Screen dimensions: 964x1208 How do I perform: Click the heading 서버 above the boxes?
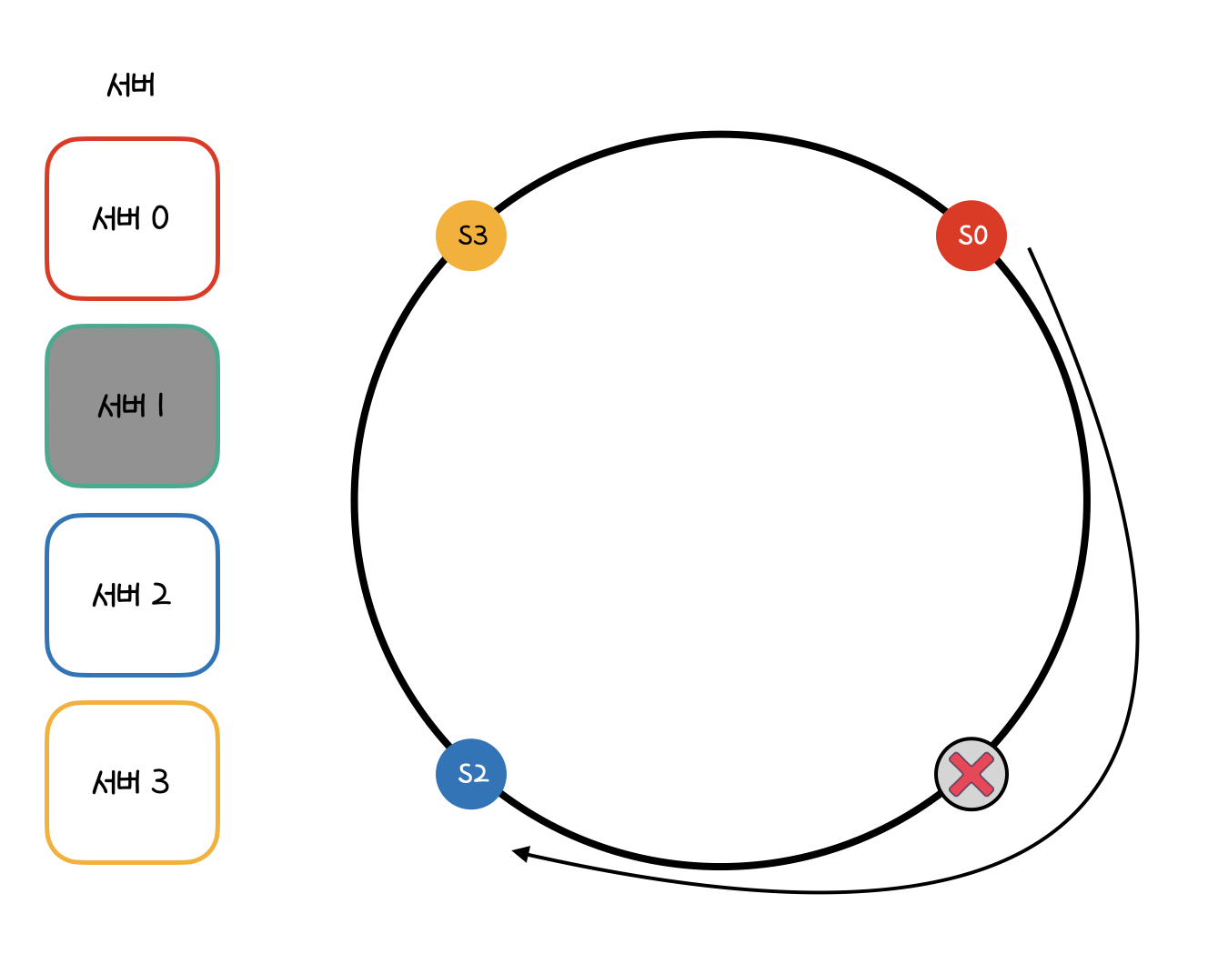[131, 85]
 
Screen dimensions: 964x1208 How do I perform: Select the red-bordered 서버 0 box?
[132, 218]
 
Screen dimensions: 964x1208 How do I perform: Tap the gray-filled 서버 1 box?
[132, 406]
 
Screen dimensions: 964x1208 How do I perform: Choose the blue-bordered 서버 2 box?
[132, 595]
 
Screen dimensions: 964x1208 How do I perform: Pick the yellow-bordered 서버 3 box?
[132, 782]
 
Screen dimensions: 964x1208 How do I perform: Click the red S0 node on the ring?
[971, 236]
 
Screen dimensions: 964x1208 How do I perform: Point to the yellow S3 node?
[471, 236]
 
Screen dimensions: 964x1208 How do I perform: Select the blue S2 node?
[471, 774]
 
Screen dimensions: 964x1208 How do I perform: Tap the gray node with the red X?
[971, 774]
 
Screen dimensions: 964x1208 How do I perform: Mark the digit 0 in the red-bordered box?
[160, 218]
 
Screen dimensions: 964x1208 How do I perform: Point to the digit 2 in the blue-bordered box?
[160, 595]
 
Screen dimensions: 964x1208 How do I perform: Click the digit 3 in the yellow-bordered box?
[160, 782]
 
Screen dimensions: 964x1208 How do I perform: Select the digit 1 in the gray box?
[161, 406]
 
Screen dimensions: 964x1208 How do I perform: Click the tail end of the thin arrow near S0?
[1030, 249]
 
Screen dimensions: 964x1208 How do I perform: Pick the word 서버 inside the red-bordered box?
[117, 218]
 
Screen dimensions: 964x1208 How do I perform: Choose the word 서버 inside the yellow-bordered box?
[117, 782]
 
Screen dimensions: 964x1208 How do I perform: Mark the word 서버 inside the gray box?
[121, 406]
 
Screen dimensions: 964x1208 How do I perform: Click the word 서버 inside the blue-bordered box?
[117, 595]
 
